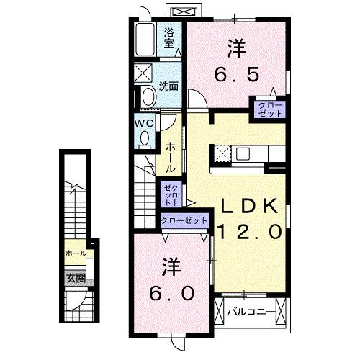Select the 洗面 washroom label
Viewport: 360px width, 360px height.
coord(169,85)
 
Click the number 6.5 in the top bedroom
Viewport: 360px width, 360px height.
coord(235,73)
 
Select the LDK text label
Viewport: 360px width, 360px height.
coord(248,206)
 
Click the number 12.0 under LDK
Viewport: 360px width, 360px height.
coord(248,232)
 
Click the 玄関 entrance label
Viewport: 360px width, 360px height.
coord(76,277)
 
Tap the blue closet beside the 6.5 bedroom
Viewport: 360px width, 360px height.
coord(266,109)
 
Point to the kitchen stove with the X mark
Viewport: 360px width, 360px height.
coord(222,153)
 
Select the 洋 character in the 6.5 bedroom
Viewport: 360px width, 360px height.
coord(235,48)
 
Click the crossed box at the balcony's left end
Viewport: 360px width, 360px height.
coord(221,312)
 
